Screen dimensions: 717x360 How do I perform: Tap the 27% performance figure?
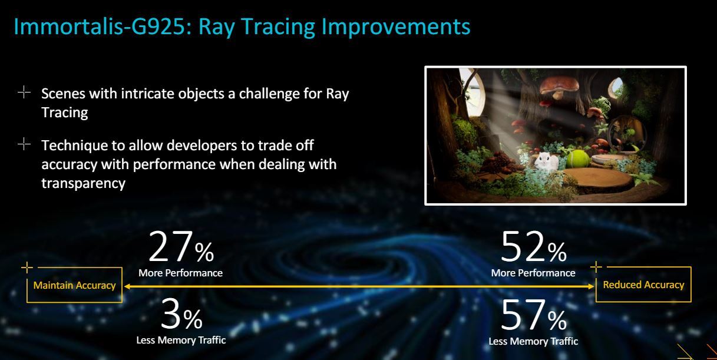click(x=181, y=247)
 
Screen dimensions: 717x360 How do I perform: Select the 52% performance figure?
click(x=534, y=247)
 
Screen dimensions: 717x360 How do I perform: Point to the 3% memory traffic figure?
click(x=181, y=314)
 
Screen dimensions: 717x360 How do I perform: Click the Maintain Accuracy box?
click(x=75, y=285)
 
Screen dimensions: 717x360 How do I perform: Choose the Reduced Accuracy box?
click(x=643, y=285)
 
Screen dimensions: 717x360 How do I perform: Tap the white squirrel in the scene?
click(x=547, y=161)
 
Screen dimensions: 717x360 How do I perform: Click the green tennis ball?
click(x=578, y=159)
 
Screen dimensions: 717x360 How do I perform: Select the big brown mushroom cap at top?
click(x=559, y=84)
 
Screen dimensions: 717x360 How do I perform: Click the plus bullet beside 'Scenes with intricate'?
click(x=24, y=92)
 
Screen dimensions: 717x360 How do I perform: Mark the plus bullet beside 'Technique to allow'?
click(x=24, y=144)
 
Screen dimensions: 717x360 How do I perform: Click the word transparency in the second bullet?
click(x=83, y=183)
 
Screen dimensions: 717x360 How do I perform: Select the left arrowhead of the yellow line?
click(x=127, y=286)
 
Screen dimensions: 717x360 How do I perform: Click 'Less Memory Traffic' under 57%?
click(x=533, y=341)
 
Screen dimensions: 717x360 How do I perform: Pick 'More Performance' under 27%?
click(x=180, y=273)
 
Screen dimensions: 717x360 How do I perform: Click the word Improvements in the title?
click(x=396, y=27)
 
